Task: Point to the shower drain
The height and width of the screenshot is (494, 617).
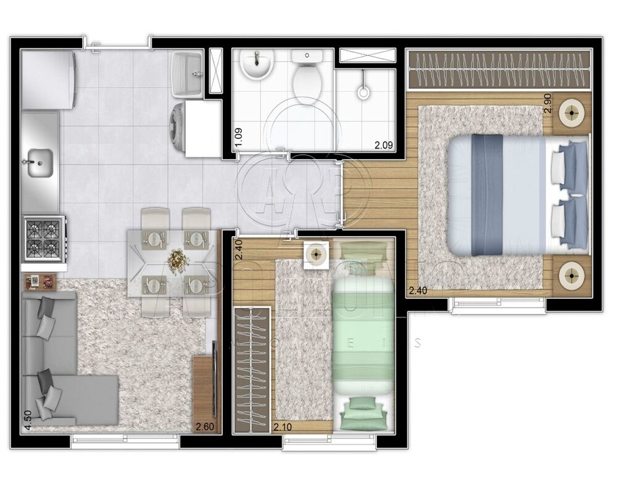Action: pyautogui.click(x=363, y=94)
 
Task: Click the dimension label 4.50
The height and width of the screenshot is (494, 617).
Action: pyautogui.click(x=27, y=418)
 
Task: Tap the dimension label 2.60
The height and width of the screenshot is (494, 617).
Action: pyautogui.click(x=205, y=426)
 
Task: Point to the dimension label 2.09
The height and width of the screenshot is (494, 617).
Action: pyautogui.click(x=384, y=146)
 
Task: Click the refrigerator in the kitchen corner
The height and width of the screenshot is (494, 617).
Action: pyautogui.click(x=48, y=80)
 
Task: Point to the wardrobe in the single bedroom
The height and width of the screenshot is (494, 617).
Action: pyautogui.click(x=252, y=368)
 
